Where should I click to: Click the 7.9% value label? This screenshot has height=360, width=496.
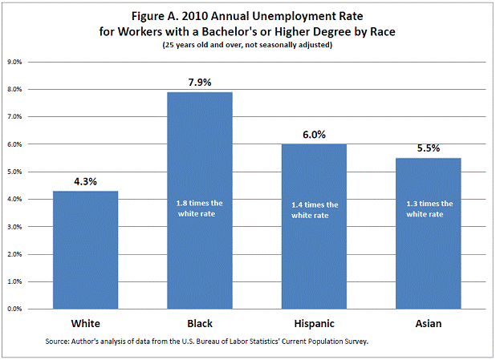(x=199, y=81)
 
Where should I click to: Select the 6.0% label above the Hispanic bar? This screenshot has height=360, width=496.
(x=314, y=134)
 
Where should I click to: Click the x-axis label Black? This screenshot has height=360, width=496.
(x=199, y=324)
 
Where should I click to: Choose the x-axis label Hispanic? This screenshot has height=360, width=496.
(x=314, y=324)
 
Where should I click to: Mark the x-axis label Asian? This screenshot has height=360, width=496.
(x=428, y=324)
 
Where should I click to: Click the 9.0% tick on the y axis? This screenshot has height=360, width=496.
(x=15, y=62)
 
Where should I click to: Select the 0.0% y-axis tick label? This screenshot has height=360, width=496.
(x=15, y=309)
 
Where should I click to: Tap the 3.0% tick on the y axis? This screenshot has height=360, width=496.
(x=15, y=227)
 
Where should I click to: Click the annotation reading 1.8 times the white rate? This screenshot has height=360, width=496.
(x=199, y=209)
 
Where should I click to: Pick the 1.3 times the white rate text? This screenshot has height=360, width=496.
(x=428, y=209)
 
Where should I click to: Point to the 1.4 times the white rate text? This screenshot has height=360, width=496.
(x=314, y=209)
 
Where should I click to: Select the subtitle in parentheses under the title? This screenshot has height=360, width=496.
(x=247, y=44)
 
